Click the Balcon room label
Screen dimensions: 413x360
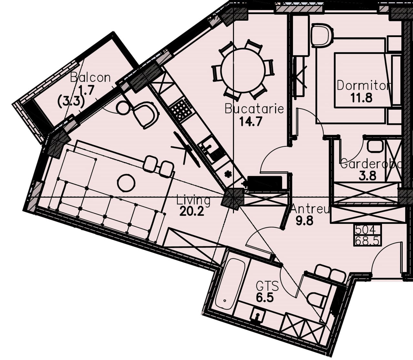tap(90, 77)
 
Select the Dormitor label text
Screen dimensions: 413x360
tap(363, 85)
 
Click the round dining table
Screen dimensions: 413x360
tap(243, 70)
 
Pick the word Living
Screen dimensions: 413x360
tap(193, 201)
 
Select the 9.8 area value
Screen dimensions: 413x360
tap(304, 221)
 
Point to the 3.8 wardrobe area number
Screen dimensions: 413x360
tap(368, 176)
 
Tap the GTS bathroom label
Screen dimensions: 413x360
tap(267, 286)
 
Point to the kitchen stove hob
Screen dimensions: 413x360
tap(181, 110)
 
